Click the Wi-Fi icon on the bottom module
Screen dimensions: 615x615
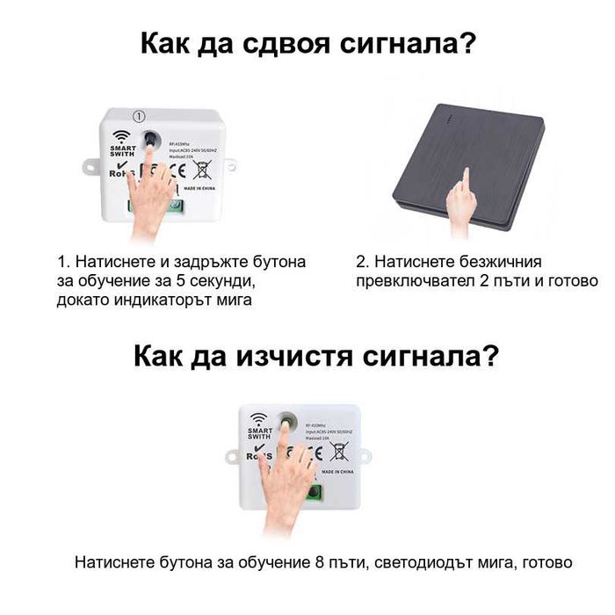pos(258,419)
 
